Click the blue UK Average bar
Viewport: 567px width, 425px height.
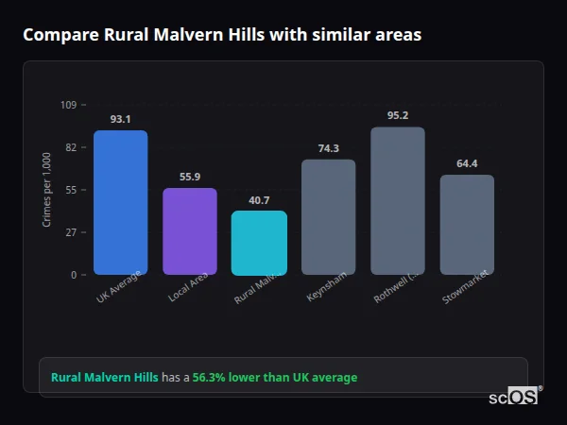[120, 202]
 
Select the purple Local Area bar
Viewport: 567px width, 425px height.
[190, 231]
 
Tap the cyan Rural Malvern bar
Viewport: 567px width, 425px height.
[259, 243]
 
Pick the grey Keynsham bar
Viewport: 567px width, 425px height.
[328, 217]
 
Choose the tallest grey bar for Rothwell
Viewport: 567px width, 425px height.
[397, 200]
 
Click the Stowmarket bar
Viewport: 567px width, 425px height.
[467, 225]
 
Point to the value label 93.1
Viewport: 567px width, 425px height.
[120, 119]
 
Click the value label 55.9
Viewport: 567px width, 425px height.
[190, 177]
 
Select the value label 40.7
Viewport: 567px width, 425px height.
[259, 199]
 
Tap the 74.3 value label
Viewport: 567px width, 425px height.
[328, 148]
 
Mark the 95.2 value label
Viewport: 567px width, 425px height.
[397, 115]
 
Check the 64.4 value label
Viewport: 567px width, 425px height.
[467, 163]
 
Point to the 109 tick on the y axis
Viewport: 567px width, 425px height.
[69, 105]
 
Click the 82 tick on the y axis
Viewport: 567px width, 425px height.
[72, 147]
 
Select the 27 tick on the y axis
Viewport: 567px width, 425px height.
[72, 232]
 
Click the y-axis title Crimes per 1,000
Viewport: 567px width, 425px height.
[46, 190]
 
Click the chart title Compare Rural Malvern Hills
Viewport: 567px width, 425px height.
[222, 35]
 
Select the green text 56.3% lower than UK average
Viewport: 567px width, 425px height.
[275, 377]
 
